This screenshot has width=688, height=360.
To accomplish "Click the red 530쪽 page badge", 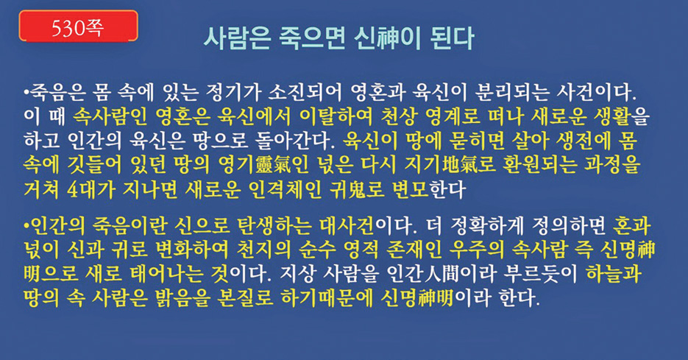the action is click(79, 27).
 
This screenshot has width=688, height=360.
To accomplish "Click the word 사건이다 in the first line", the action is click(596, 93).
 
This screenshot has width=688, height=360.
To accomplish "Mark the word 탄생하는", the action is click(274, 226).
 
